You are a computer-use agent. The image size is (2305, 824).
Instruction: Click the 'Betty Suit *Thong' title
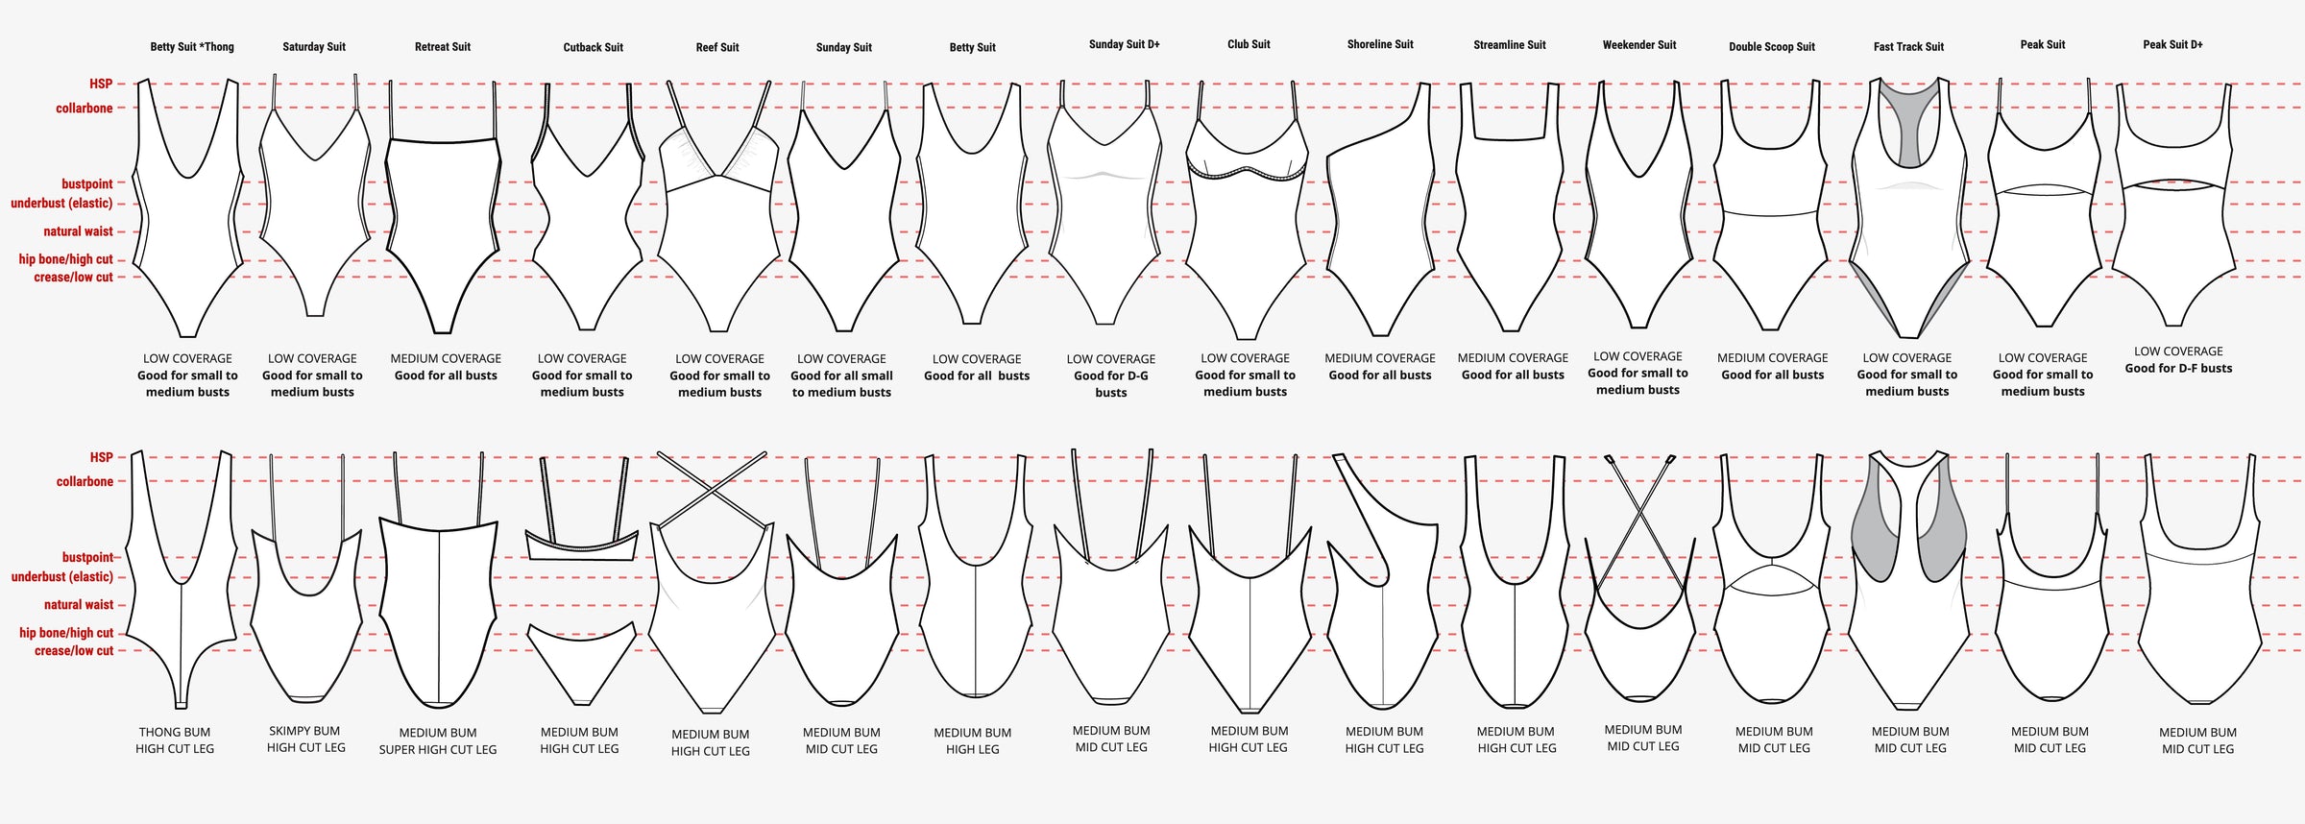click(x=192, y=47)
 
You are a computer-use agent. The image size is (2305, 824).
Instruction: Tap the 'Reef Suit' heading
click(x=717, y=47)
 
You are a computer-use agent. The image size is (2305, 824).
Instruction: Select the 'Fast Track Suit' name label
click(x=1908, y=46)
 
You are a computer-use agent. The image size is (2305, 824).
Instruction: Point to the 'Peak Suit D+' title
click(x=2172, y=44)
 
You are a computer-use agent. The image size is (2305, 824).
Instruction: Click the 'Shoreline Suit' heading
click(x=1380, y=44)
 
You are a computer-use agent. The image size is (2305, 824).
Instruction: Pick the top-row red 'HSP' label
click(x=101, y=84)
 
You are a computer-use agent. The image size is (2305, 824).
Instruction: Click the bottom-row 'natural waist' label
click(x=79, y=605)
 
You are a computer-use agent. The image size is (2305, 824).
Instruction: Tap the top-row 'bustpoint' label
click(x=87, y=183)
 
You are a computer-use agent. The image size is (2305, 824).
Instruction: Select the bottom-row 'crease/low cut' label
click(x=74, y=651)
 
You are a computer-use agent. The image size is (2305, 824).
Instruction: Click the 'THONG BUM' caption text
click(x=175, y=732)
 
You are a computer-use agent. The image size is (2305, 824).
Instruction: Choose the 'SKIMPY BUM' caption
click(x=304, y=731)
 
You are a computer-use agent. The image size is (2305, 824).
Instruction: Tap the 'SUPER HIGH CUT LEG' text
click(x=438, y=750)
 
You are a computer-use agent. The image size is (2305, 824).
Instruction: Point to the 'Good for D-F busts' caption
click(x=2178, y=368)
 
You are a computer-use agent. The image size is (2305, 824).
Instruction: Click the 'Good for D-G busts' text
click(x=1111, y=384)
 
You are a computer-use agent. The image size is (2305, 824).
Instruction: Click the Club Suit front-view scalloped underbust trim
click(x=1247, y=173)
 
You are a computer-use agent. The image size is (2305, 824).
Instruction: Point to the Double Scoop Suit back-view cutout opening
click(x=1772, y=577)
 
